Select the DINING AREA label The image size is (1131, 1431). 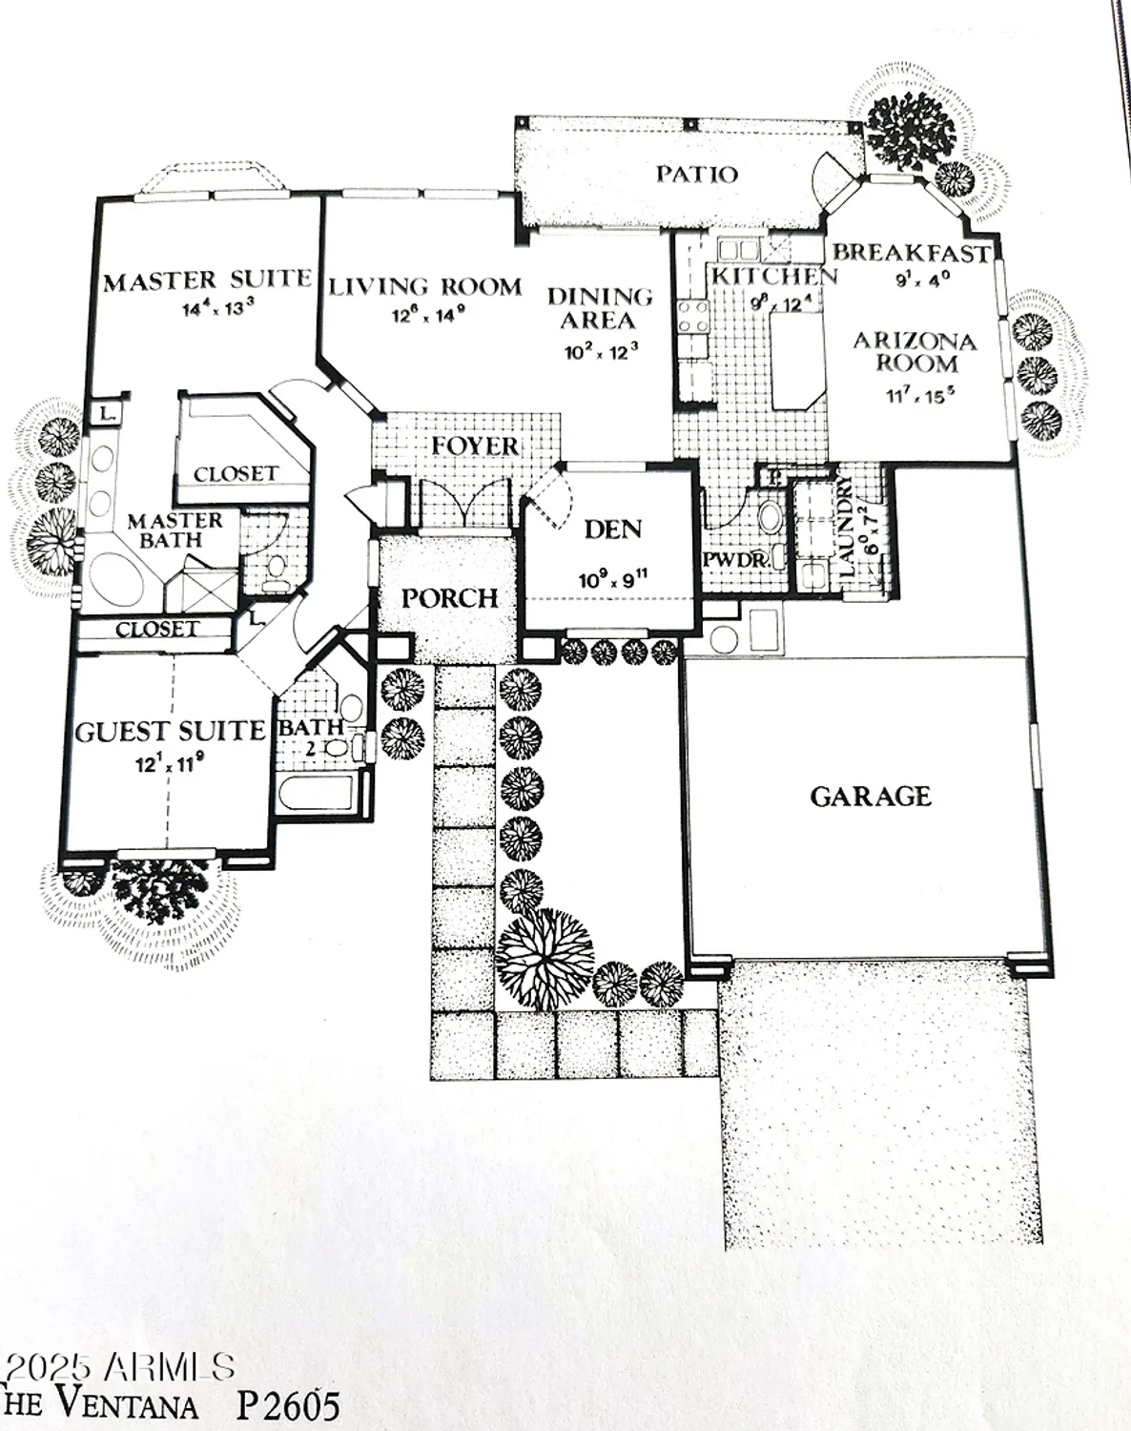pyautogui.click(x=600, y=308)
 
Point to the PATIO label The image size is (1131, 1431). pyautogui.click(x=696, y=175)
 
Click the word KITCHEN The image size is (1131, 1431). pyautogui.click(x=773, y=276)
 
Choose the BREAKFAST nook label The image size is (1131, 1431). pyautogui.click(x=911, y=253)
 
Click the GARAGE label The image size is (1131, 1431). pyautogui.click(x=870, y=796)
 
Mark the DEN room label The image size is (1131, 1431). pyautogui.click(x=612, y=529)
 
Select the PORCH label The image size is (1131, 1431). pyautogui.click(x=449, y=598)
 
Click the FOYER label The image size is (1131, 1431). pyautogui.click(x=475, y=446)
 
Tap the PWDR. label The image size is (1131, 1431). pyautogui.click(x=735, y=560)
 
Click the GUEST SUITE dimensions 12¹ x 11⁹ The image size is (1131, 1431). pyautogui.click(x=168, y=763)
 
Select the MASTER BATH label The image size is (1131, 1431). pyautogui.click(x=175, y=529)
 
